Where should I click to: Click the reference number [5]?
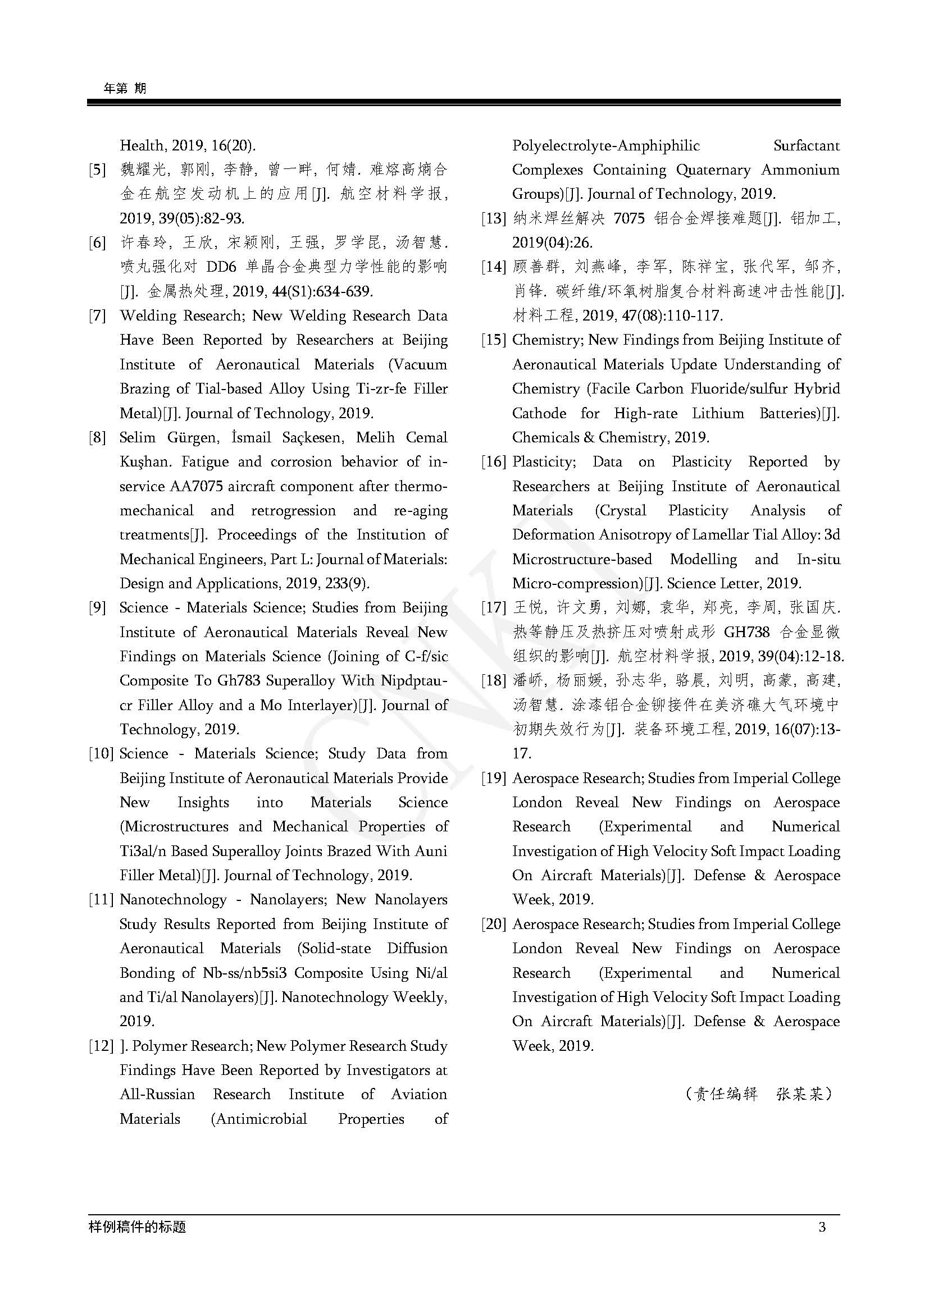pyautogui.click(x=97, y=170)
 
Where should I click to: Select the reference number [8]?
pyautogui.click(x=97, y=438)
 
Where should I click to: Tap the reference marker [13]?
pyautogui.click(x=494, y=218)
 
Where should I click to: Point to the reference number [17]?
pyautogui.click(x=494, y=608)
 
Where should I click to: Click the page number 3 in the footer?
pyautogui.click(x=822, y=1227)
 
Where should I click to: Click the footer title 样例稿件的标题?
pyautogui.click(x=137, y=1227)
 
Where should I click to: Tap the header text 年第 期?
pyautogui.click(x=125, y=88)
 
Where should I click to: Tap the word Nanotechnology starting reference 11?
pyautogui.click(x=173, y=900)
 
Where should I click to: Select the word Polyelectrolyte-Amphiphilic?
pyautogui.click(x=606, y=146)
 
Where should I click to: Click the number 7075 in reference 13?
pyautogui.click(x=629, y=218)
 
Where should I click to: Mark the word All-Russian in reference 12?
pyautogui.click(x=157, y=1095)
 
